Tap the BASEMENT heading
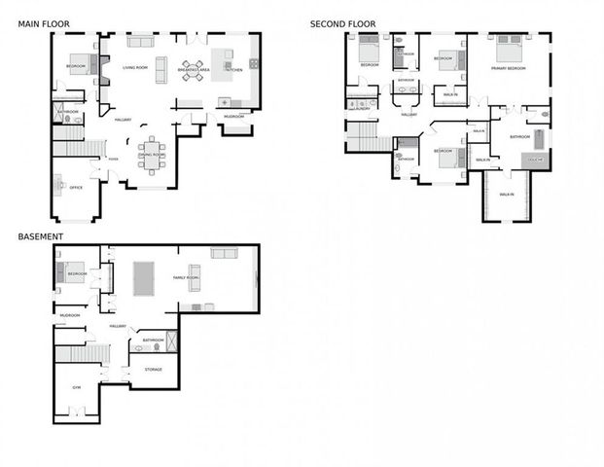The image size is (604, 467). pyautogui.click(x=40, y=236)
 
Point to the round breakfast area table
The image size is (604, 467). pyautogui.click(x=191, y=70)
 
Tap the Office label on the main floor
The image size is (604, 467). pyautogui.click(x=76, y=188)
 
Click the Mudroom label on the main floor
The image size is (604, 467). pyautogui.click(x=233, y=116)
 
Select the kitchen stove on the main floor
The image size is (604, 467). pyautogui.click(x=254, y=63)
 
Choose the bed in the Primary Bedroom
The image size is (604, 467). pyautogui.click(x=508, y=48)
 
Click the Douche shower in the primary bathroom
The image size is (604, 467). pyautogui.click(x=536, y=158)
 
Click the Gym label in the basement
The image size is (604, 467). pyautogui.click(x=77, y=387)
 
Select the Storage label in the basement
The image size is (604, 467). pyautogui.click(x=154, y=370)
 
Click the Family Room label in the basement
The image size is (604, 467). pyautogui.click(x=186, y=278)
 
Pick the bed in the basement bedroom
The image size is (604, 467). pyautogui.click(x=74, y=272)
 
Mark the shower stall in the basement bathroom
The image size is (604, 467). pyautogui.click(x=171, y=341)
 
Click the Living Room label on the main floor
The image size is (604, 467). pyautogui.click(x=135, y=68)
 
